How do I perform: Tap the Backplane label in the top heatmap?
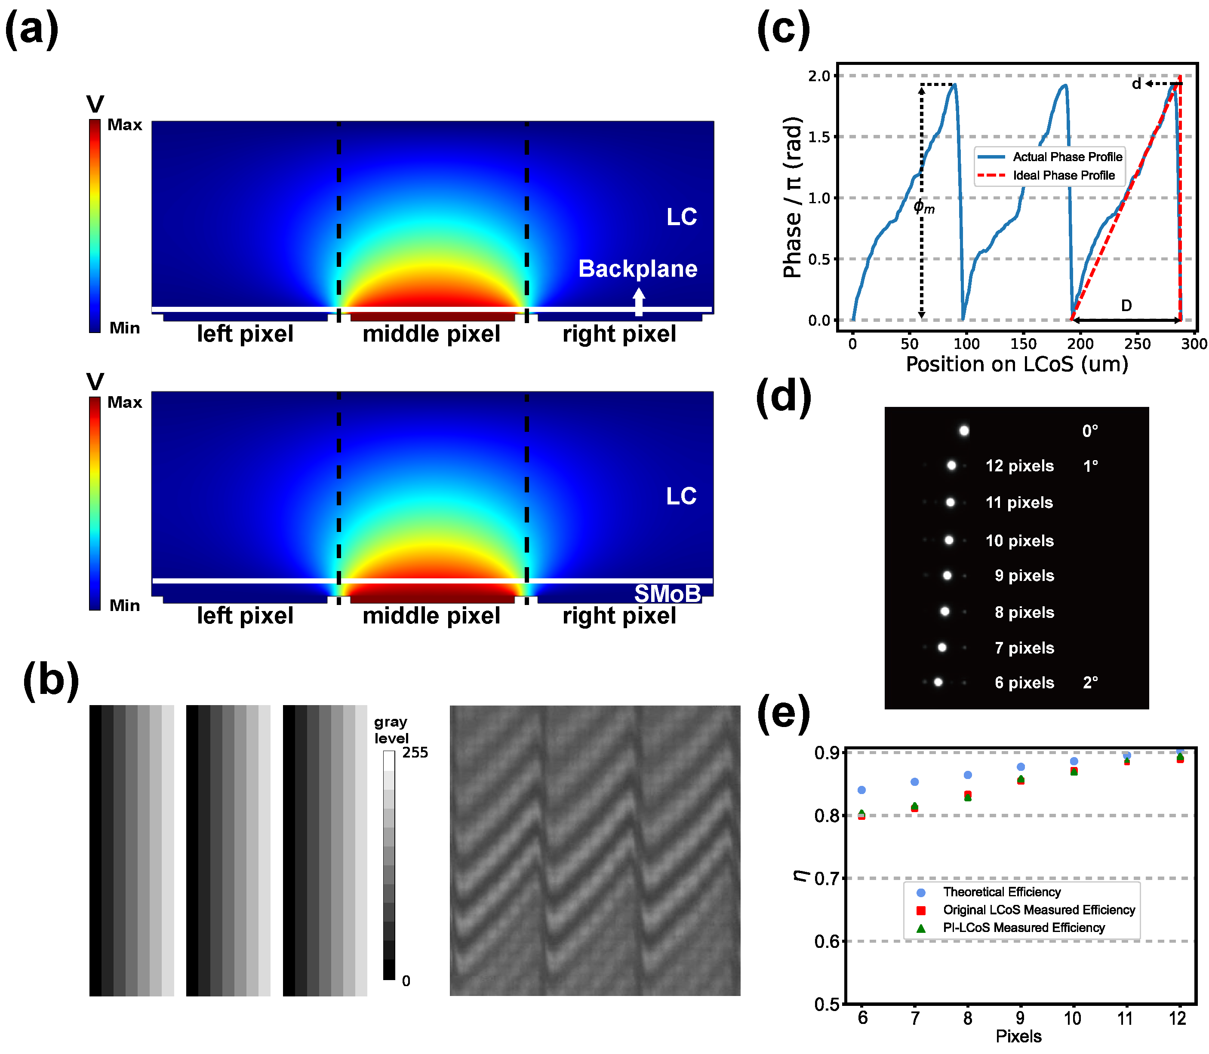tap(637, 269)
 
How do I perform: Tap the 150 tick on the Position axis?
tap(1023, 344)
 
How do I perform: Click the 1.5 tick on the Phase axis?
tap(819, 137)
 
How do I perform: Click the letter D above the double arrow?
tap(1126, 305)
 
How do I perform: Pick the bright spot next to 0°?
tap(963, 431)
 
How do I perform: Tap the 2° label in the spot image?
tap(1090, 682)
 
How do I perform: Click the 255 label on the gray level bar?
tap(415, 752)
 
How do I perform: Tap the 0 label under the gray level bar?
tap(406, 981)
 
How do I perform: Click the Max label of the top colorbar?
tap(125, 125)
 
